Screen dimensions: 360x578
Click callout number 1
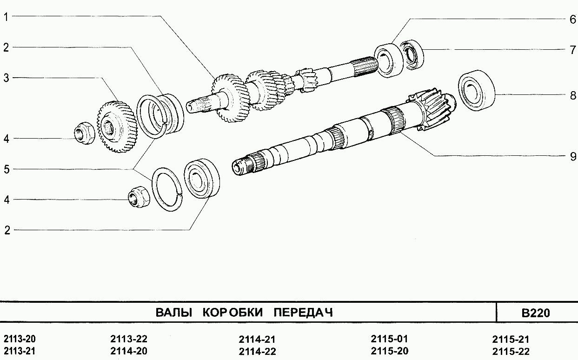[x=7, y=17]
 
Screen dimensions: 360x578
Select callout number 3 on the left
[x=7, y=78]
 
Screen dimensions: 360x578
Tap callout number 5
[x=7, y=169]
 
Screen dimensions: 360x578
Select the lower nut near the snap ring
[x=138, y=198]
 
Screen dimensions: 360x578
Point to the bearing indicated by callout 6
[x=388, y=59]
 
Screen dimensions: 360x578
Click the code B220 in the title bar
[x=536, y=313]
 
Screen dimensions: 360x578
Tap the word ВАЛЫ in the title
[x=173, y=313]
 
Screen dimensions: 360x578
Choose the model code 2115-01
[x=389, y=338]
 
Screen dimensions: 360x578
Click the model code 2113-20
[x=19, y=339]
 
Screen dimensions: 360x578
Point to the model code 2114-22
[x=257, y=351]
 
